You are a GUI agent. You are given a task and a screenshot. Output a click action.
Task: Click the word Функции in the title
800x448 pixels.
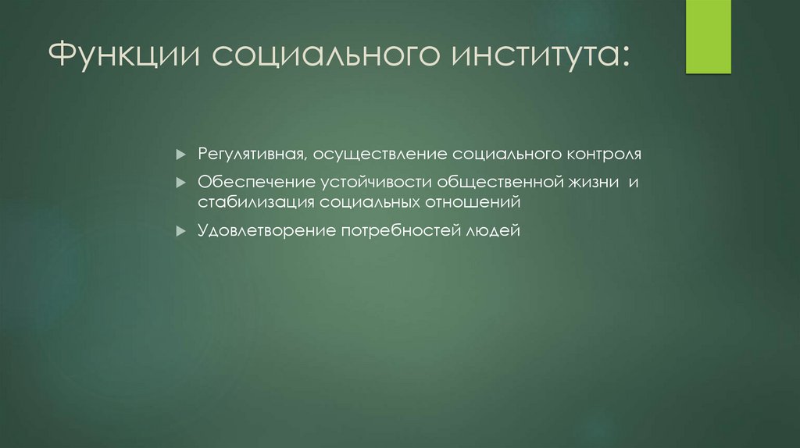pos(126,56)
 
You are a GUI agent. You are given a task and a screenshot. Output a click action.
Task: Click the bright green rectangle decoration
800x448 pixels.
pos(709,37)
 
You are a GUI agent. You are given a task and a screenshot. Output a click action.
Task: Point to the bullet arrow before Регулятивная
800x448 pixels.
pos(180,152)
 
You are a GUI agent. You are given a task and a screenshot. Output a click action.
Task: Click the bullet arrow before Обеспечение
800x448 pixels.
pos(180,183)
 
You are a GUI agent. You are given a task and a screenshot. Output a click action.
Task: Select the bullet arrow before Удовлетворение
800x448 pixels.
pos(180,232)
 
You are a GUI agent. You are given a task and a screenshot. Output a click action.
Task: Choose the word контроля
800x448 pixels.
pos(605,152)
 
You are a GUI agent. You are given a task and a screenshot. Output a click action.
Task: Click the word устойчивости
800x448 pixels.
pos(374,183)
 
